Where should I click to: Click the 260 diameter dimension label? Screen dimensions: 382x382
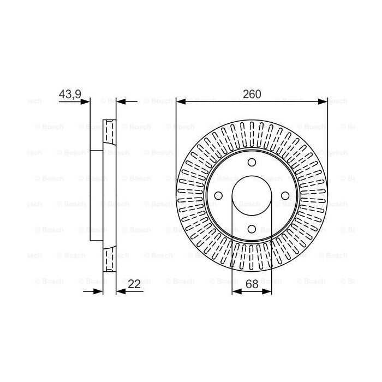[252, 94]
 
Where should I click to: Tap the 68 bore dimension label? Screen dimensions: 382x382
[252, 284]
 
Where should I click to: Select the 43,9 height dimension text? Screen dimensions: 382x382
[69, 94]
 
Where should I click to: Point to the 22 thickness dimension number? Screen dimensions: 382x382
[134, 284]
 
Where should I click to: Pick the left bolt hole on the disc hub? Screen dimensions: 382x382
[218, 196]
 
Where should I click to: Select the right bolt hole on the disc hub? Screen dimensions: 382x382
[285, 196]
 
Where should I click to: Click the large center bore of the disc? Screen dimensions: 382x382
[252, 196]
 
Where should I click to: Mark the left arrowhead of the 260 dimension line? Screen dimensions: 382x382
[181, 102]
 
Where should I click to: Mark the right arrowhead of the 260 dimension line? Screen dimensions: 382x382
[323, 102]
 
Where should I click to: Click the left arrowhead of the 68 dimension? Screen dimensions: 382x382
[236, 292]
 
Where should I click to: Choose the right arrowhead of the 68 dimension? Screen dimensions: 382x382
[267, 292]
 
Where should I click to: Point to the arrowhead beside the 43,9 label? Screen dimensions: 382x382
[85, 102]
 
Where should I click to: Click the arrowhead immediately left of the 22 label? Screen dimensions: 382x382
[121, 292]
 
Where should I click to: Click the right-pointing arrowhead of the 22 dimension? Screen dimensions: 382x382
[99, 292]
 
